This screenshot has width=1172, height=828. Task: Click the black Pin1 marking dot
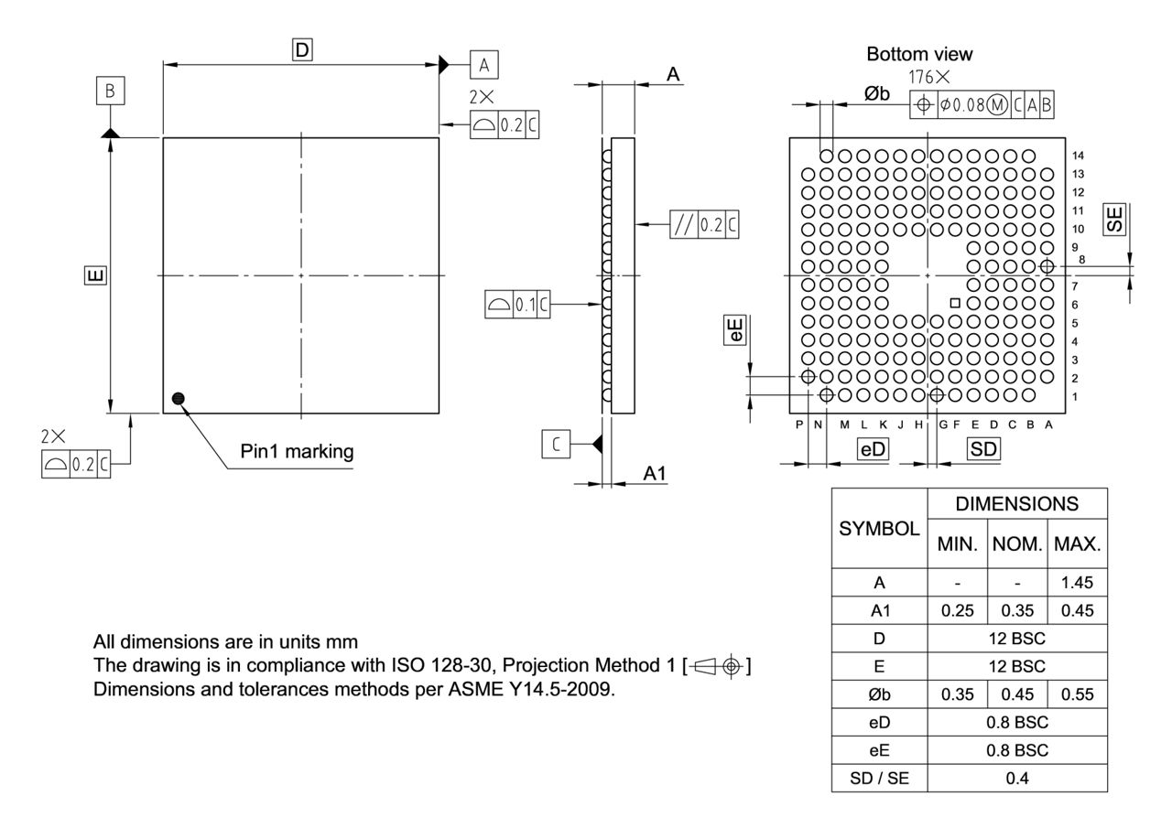point(179,397)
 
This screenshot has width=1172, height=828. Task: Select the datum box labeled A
point(484,65)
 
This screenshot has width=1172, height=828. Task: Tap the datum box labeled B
point(110,91)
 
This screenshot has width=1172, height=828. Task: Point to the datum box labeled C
point(556,445)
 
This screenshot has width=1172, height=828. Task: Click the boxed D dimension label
point(301,50)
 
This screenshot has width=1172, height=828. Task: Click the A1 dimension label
point(654,474)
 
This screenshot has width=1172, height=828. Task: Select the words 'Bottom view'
point(919,55)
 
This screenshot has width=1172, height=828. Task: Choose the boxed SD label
point(983,449)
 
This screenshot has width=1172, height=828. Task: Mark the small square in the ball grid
point(955,303)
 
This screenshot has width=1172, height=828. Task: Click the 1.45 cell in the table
point(1077,582)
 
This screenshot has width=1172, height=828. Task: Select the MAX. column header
point(1077,545)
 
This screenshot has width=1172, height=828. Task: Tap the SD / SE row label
point(879,778)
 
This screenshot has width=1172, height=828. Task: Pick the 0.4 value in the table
point(1016,778)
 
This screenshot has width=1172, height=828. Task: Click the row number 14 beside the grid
point(1078,156)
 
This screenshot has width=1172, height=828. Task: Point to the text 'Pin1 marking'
point(297,451)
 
